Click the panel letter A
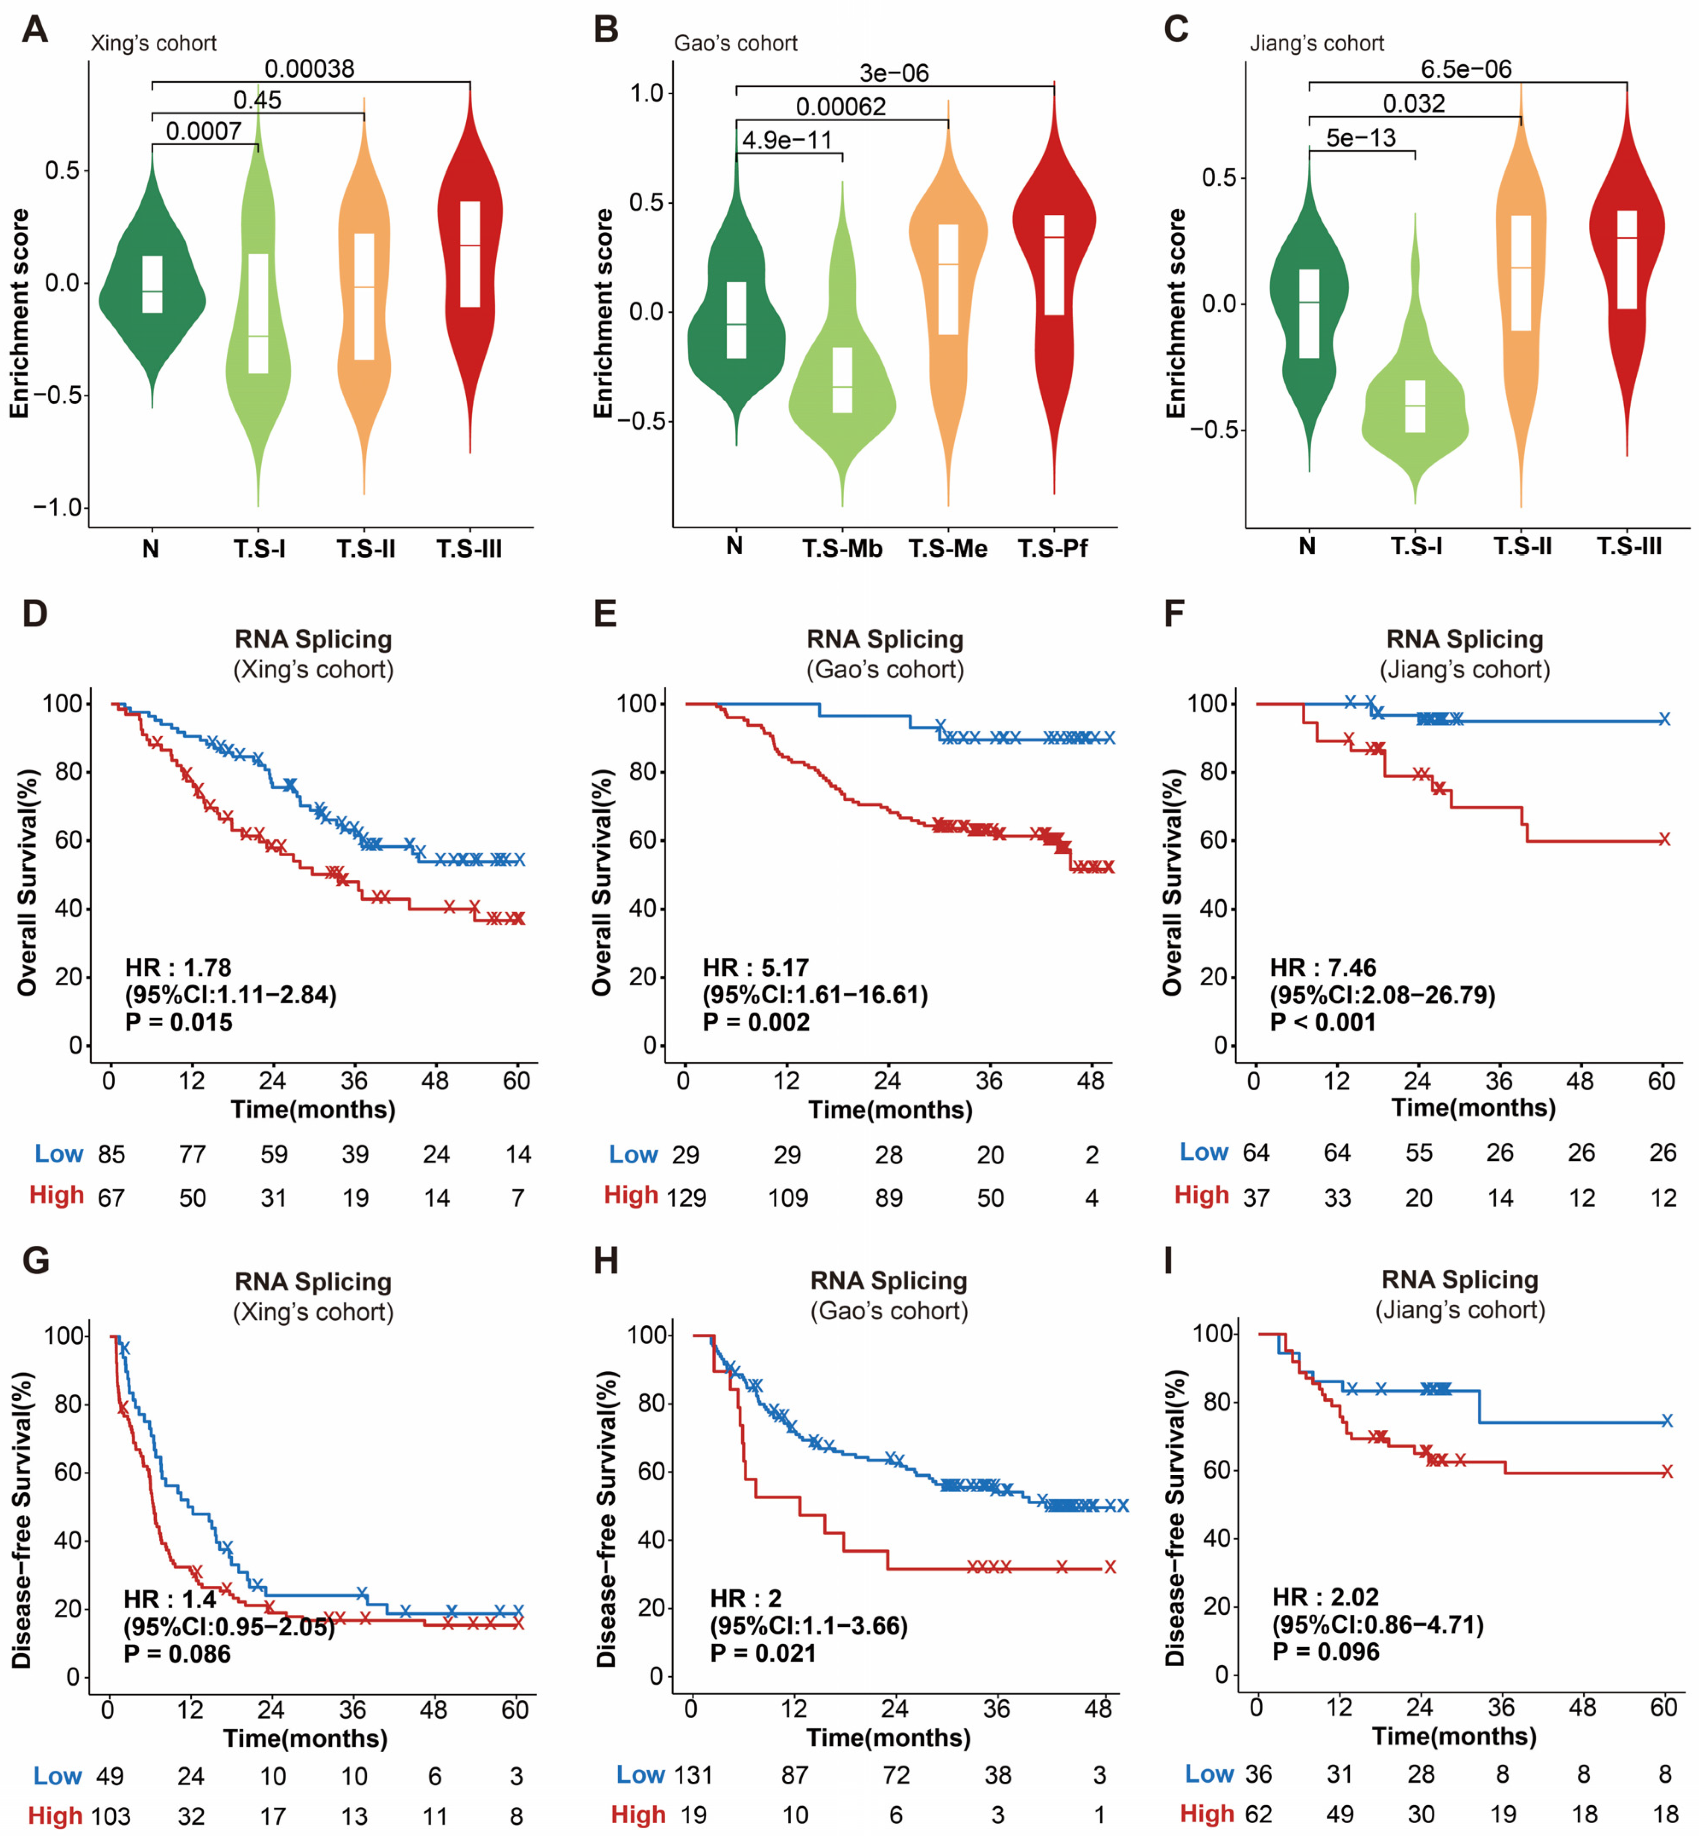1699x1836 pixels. click(35, 29)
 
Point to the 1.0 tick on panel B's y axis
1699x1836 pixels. click(646, 93)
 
